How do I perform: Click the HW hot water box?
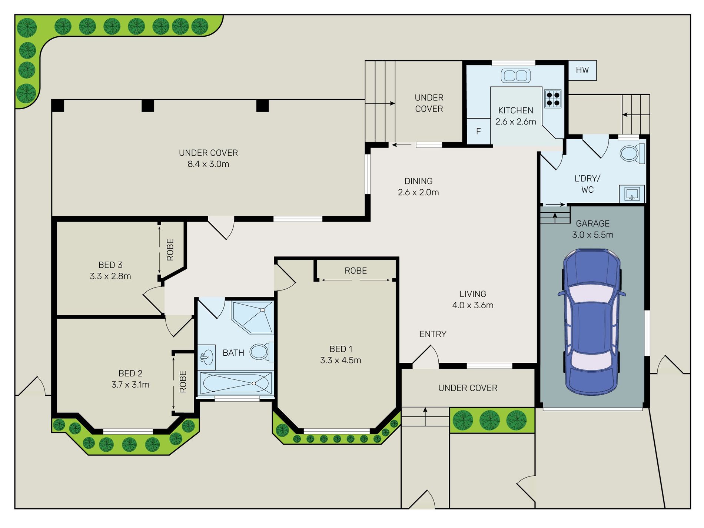582,70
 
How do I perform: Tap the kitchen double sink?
516,76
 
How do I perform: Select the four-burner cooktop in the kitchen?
553,99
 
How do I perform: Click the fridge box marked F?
478,131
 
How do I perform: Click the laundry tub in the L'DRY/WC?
632,193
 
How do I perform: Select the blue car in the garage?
592,322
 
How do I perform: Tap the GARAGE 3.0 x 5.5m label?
592,229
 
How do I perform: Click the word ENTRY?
433,334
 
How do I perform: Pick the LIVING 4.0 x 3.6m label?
473,299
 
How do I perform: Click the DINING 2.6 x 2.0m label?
418,187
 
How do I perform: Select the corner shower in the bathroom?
252,318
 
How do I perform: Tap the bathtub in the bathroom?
236,383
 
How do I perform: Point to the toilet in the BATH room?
262,352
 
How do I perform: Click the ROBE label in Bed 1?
356,271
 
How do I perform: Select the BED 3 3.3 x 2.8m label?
110,270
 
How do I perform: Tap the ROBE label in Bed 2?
183,382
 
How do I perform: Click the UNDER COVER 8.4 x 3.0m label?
208,158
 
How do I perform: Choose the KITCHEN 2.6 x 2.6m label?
516,116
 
